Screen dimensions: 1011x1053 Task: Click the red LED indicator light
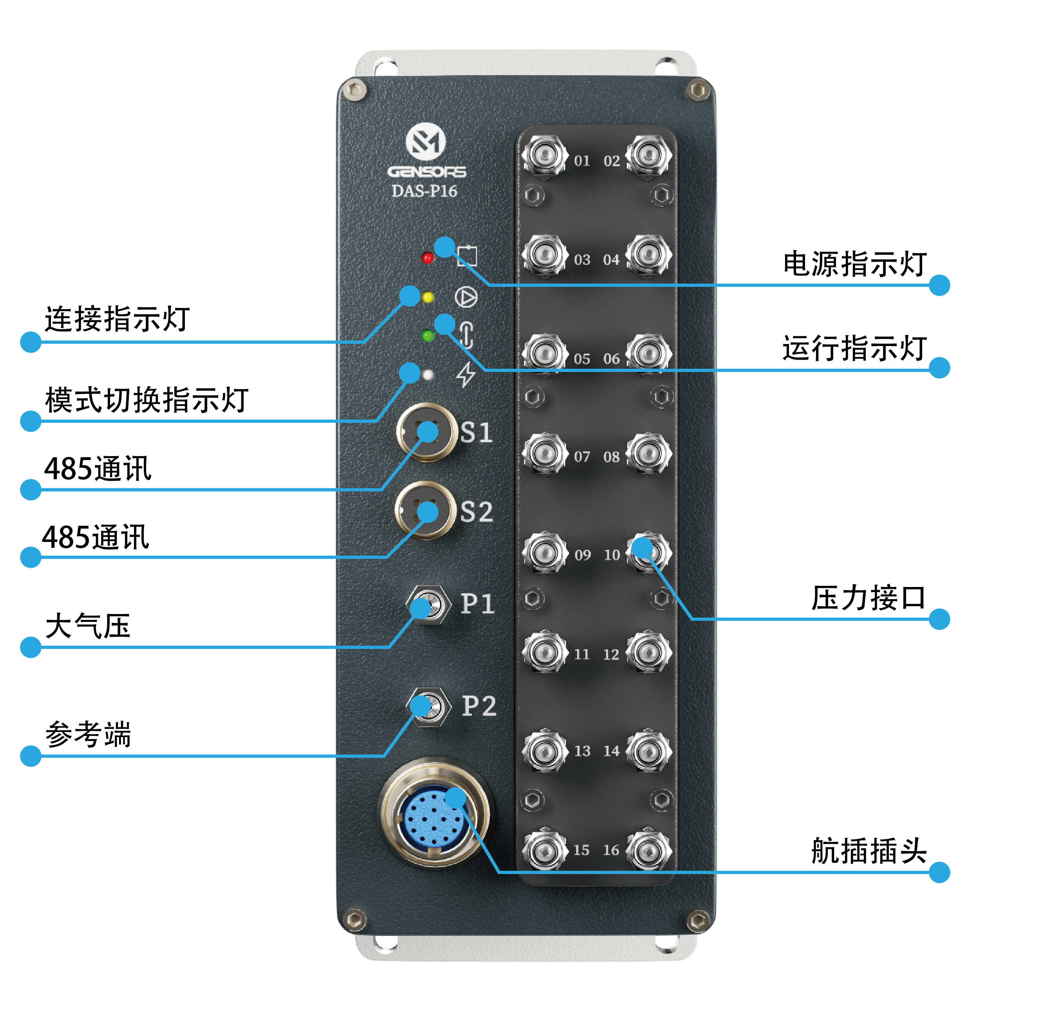coord(427,258)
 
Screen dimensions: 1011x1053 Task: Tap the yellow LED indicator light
coord(428,297)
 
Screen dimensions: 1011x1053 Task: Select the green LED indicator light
coord(428,337)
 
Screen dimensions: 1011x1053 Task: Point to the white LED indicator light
coord(428,375)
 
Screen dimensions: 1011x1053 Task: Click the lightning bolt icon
coord(466,374)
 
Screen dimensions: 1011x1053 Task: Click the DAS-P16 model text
coord(424,191)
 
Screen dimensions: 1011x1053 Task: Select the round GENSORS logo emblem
coord(425,142)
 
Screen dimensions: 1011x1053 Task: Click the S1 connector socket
coord(427,432)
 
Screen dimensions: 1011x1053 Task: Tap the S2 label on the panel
coord(476,512)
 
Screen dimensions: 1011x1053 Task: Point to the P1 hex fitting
coord(428,605)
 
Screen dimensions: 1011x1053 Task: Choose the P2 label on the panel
coord(479,706)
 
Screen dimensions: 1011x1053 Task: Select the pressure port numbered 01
coord(545,155)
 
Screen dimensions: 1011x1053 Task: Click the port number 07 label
coord(582,457)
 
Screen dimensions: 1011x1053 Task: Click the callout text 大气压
coord(88,626)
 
